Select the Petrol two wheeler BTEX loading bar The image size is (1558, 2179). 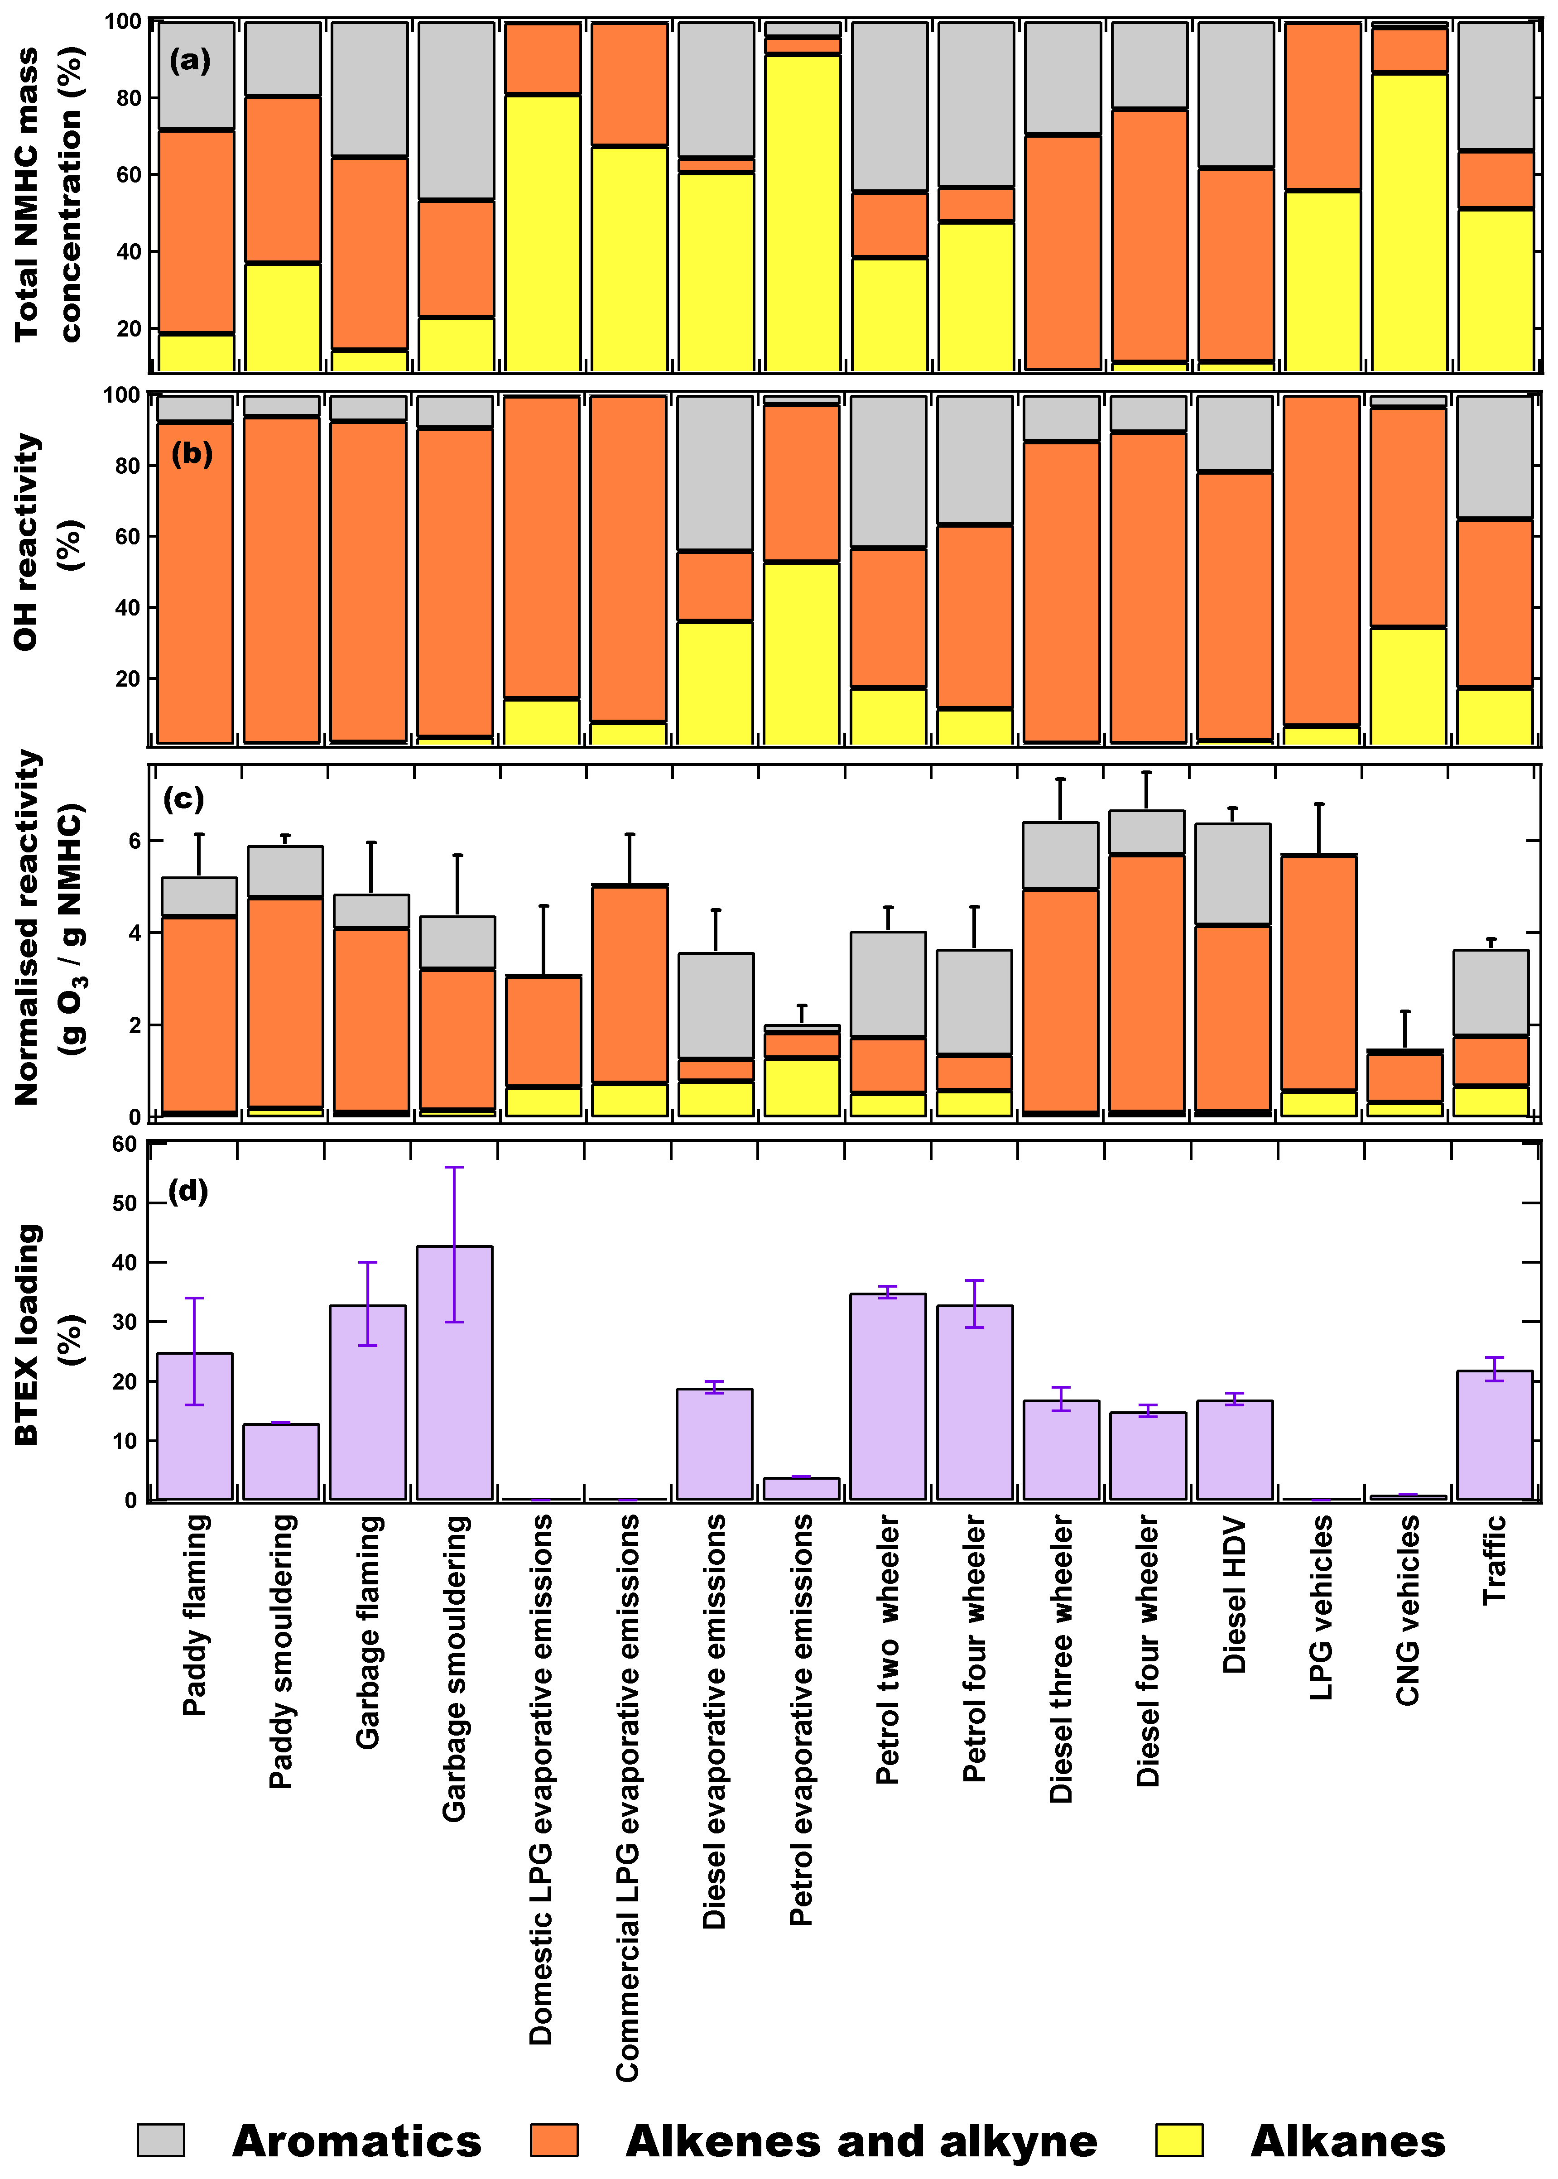click(887, 1396)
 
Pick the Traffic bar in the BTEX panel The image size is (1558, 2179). click(1494, 1434)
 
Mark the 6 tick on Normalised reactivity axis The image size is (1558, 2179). click(133, 841)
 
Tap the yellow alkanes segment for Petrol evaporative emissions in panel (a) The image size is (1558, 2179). click(802, 211)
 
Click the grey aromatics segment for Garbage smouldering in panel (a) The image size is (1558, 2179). click(456, 111)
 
